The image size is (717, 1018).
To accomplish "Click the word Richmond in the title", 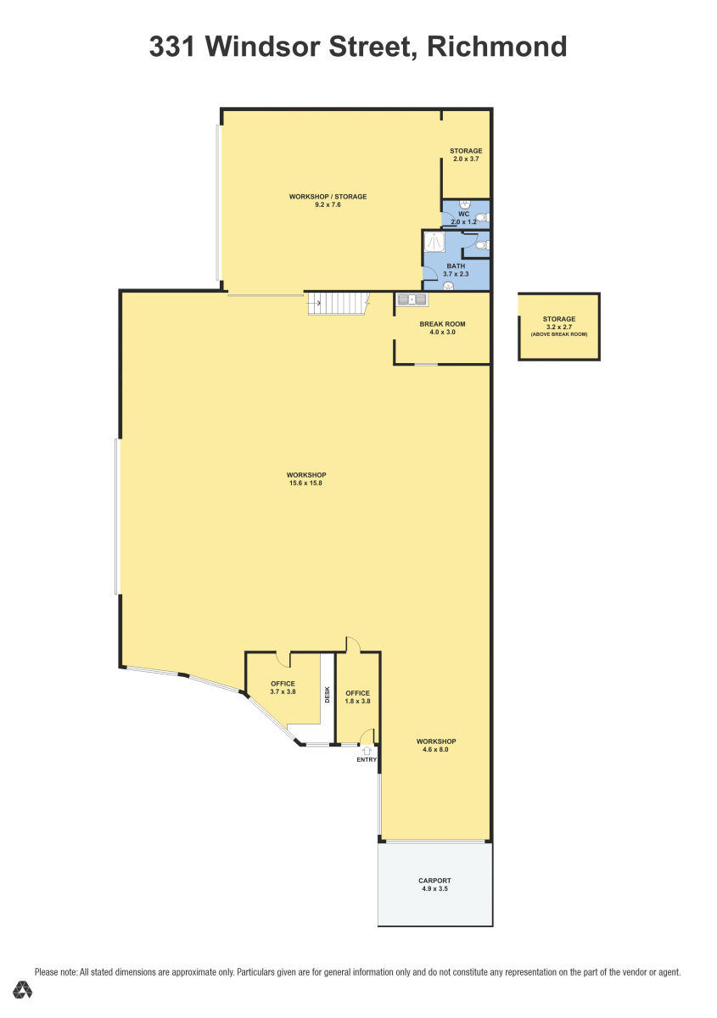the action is point(497,47).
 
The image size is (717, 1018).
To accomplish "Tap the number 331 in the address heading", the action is point(172,47).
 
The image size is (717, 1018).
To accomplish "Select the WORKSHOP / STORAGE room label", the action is point(328,197).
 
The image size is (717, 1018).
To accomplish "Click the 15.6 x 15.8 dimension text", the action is point(305,483).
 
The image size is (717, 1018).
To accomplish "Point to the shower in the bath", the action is point(434,242).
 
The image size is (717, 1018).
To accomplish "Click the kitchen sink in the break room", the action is point(412,299).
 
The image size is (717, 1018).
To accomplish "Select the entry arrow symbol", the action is point(367,750).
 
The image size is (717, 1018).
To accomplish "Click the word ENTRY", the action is point(367,759).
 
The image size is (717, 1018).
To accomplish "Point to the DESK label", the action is point(328,694).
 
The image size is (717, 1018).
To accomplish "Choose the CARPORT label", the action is point(434,881).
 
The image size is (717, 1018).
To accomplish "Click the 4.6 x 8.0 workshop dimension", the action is point(435,749).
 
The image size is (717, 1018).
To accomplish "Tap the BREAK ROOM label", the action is point(442,324).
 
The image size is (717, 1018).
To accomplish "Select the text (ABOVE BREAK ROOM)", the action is point(559,334).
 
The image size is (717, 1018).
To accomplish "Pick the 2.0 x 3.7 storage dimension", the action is point(466,159).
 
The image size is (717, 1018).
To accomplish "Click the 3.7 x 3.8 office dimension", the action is point(283,691).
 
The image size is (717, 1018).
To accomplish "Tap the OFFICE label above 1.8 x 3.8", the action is point(357,693).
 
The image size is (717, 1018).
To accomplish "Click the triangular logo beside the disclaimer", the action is point(22,990).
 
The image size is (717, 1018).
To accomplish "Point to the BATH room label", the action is point(456,266).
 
